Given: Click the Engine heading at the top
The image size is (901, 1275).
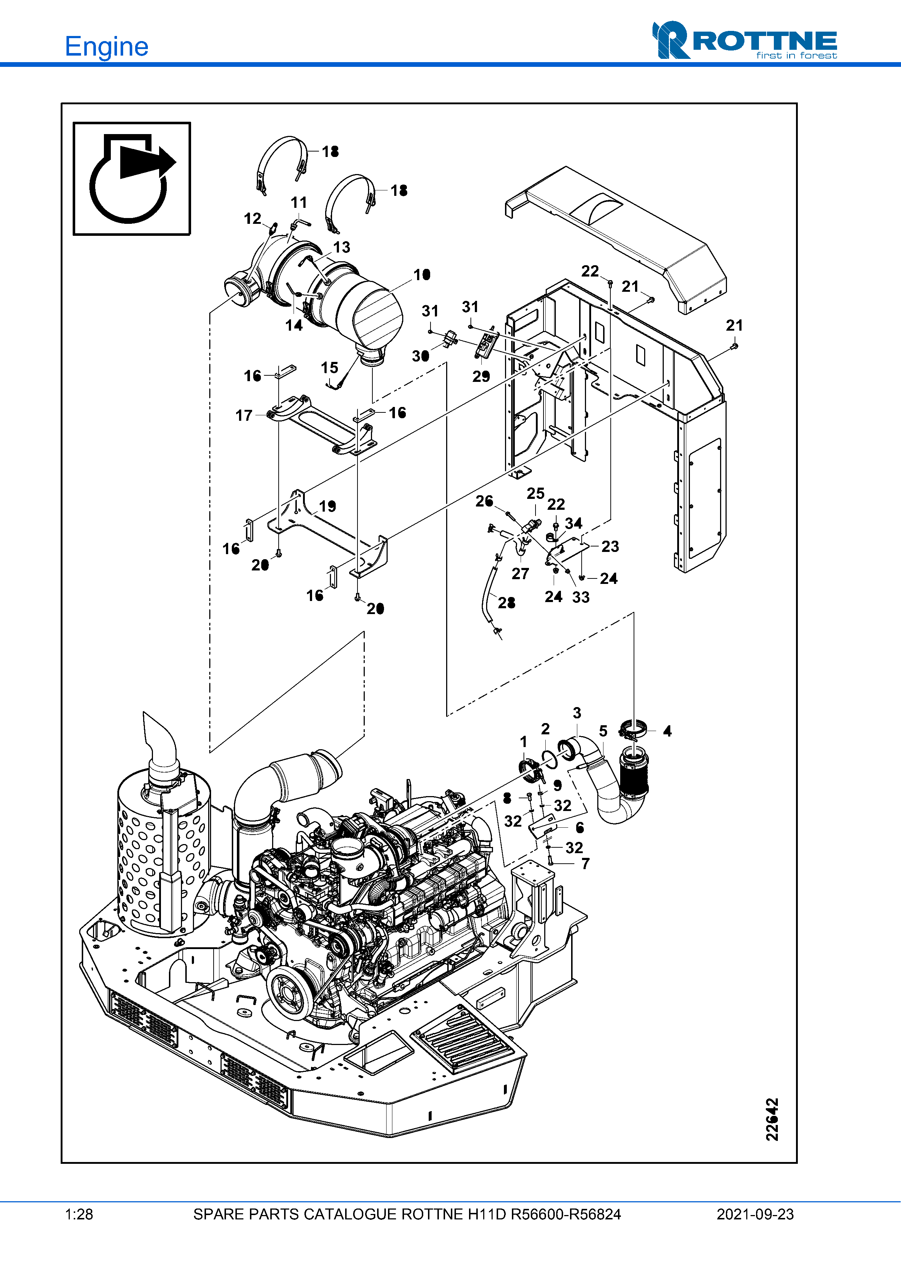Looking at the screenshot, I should (x=106, y=47).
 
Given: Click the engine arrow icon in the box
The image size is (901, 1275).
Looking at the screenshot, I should (x=132, y=179).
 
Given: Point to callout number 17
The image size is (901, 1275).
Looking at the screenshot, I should (x=244, y=415).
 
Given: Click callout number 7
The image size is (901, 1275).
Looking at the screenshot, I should (x=585, y=864).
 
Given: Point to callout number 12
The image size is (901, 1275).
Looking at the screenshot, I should (x=252, y=219).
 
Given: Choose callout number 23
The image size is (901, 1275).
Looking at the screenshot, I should (x=610, y=546).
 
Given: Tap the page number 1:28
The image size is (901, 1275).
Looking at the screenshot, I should (x=79, y=1214).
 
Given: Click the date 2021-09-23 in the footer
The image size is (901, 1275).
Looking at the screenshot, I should (x=755, y=1214).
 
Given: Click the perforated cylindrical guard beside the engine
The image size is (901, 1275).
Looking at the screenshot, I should (x=161, y=850).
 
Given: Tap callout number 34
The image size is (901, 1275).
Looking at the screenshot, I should (x=573, y=523).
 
